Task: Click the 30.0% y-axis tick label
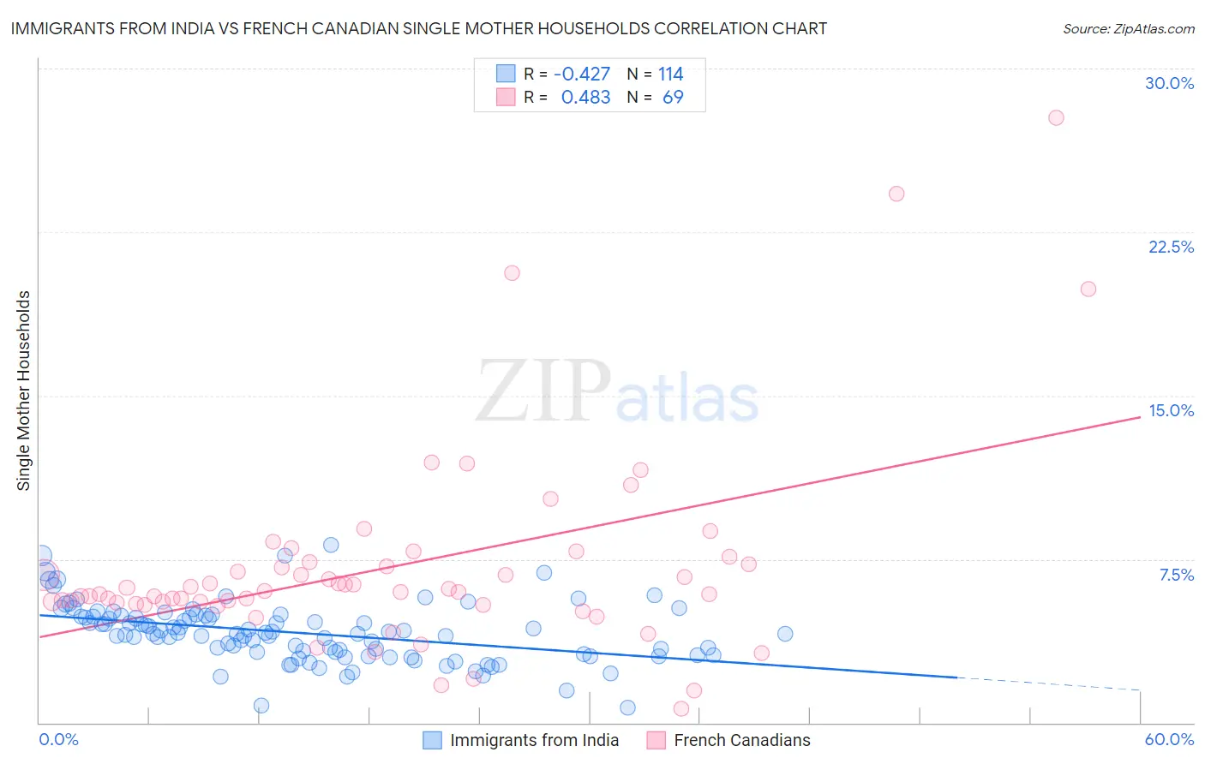[x=1169, y=83]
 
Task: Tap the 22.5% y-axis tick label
[x=1171, y=247]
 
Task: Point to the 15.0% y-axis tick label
[x=1171, y=410]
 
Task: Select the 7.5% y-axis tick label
[x=1176, y=575]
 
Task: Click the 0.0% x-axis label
[x=58, y=739]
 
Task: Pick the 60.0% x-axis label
[x=1169, y=739]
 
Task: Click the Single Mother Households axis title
[x=24, y=391]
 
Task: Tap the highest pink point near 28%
[x=1056, y=117]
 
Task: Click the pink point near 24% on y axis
[x=896, y=194]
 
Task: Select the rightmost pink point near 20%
[x=1088, y=289]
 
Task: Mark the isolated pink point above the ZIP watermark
[x=512, y=273]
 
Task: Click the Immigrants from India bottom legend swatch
[x=433, y=740]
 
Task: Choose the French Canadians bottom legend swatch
[x=656, y=740]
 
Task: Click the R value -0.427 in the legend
[x=582, y=75]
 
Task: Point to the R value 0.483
[x=585, y=98]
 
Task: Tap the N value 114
[x=670, y=75]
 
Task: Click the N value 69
[x=673, y=98]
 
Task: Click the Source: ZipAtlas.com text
[x=1128, y=29]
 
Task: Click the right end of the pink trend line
[x=1139, y=416]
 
